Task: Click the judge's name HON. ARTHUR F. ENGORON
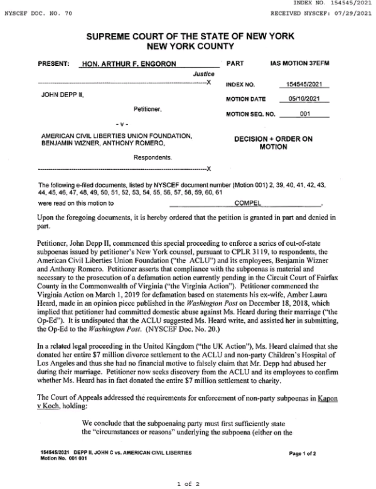(x=129, y=64)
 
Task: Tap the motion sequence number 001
(x=305, y=114)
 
